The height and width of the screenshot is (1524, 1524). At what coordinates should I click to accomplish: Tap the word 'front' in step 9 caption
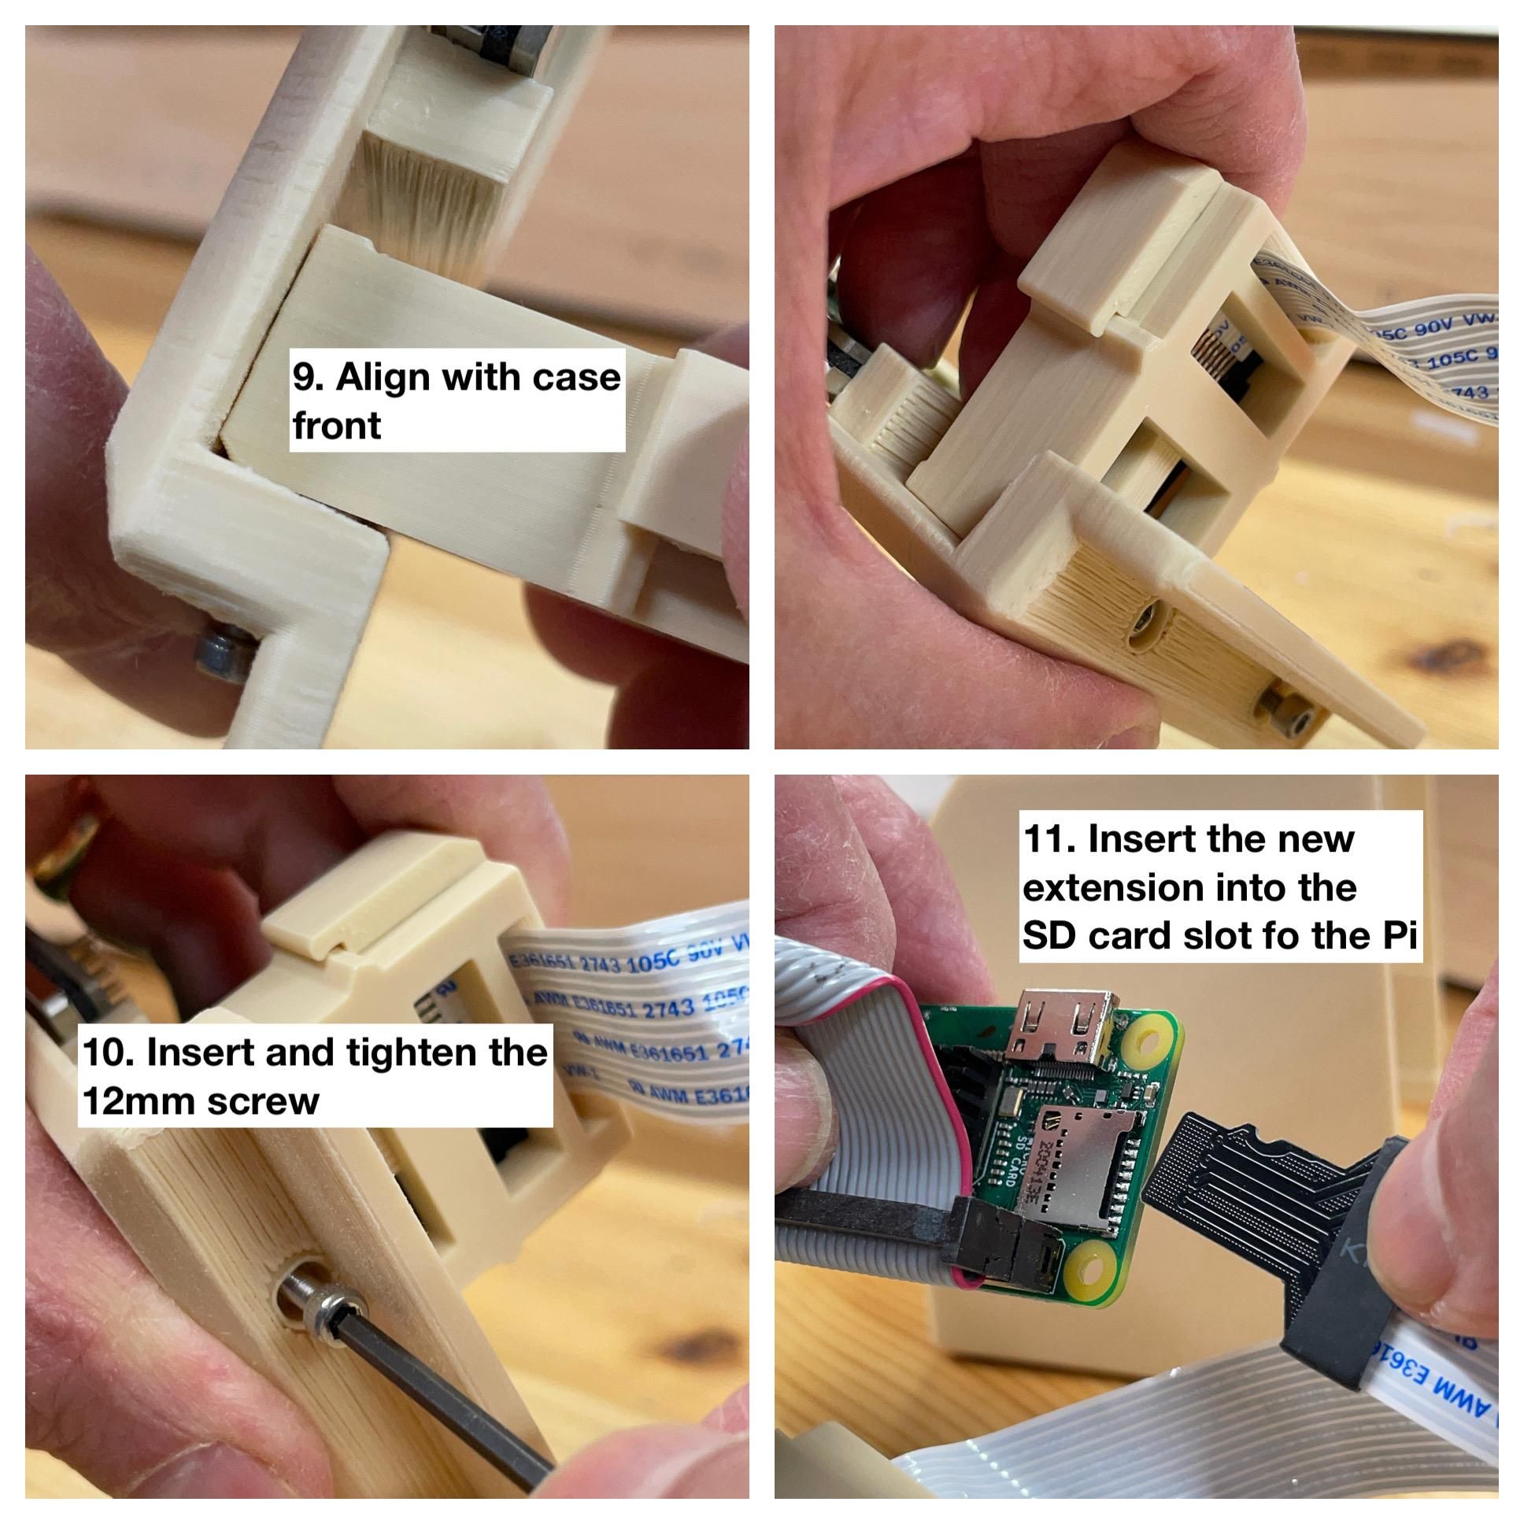(337, 426)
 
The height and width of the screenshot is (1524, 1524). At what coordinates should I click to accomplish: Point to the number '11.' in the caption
(1050, 838)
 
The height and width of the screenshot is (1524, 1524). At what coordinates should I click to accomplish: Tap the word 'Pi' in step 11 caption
(1400, 935)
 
